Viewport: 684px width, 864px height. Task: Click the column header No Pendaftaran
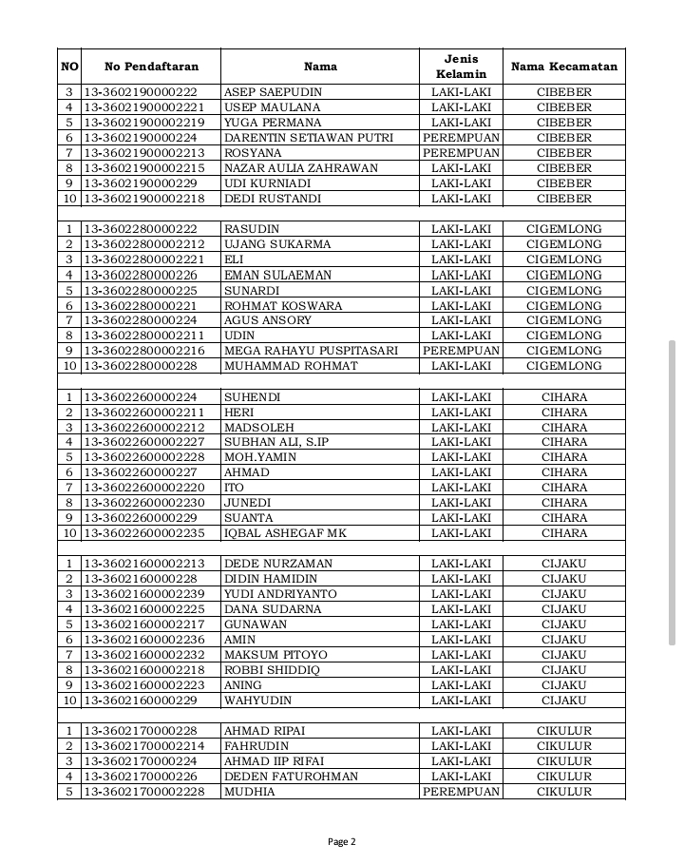151,67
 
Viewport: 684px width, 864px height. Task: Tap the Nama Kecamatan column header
563,67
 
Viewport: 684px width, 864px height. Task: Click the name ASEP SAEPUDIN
273,92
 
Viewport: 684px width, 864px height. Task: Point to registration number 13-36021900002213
144,153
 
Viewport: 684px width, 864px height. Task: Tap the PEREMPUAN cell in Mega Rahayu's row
461,351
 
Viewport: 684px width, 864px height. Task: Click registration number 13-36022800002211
144,336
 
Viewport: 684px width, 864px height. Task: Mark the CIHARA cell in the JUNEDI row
563,503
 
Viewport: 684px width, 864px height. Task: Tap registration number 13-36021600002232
144,655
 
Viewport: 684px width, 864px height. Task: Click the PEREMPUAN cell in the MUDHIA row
461,792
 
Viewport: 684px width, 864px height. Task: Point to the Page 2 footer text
341,841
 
